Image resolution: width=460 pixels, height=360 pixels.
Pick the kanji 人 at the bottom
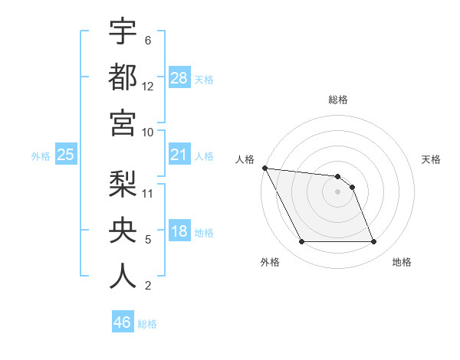(123, 276)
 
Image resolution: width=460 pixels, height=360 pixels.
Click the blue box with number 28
(179, 78)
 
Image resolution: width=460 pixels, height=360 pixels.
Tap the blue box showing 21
(179, 155)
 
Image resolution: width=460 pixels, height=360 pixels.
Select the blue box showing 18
(179, 232)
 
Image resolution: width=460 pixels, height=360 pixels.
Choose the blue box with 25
(66, 155)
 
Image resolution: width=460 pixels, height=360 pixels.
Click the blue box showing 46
(123, 322)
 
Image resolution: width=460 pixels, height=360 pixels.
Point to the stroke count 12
(148, 87)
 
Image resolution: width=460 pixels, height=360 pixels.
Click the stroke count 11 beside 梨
(149, 193)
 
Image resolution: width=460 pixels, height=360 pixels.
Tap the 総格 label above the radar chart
(338, 100)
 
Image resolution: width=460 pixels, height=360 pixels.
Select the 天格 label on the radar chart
(431, 160)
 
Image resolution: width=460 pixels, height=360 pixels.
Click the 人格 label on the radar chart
(245, 160)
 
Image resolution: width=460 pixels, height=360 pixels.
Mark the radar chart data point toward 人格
(265, 168)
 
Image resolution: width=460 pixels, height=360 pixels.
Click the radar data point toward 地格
(374, 242)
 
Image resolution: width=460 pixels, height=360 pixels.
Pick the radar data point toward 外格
(301, 242)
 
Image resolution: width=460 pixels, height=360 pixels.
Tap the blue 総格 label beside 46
(148, 324)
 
